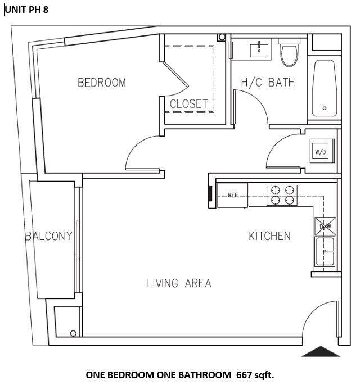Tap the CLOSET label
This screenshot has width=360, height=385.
coord(189,104)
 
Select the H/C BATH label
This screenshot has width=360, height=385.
coord(268,83)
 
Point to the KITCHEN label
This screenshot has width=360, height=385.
coord(269,236)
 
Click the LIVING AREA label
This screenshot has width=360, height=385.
coord(179,283)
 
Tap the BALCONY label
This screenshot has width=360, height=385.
coord(49,236)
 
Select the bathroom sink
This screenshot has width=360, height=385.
coord(260,49)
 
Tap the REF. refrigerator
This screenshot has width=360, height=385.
coord(232,195)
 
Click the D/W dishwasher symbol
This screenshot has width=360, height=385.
coord(326,227)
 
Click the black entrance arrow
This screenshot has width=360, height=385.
coord(321,351)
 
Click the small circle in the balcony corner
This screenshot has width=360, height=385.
coord(73,333)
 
